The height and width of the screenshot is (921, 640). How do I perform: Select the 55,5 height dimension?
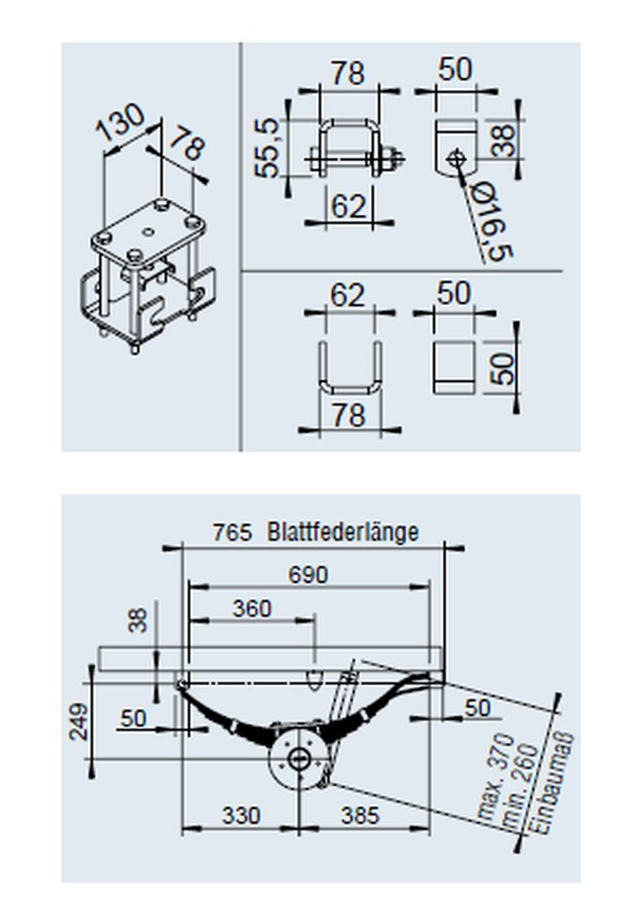pyautogui.click(x=266, y=148)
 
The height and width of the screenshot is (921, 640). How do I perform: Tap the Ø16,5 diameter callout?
pyautogui.click(x=492, y=221)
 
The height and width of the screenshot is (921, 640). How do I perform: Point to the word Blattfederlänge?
pyautogui.click(x=343, y=532)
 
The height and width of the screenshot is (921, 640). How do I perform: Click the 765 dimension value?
pyautogui.click(x=232, y=532)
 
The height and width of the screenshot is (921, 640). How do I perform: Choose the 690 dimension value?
pyautogui.click(x=309, y=575)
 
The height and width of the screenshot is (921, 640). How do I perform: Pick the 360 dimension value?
pyautogui.click(x=251, y=609)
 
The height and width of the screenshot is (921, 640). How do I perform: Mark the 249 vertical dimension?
pyautogui.click(x=78, y=721)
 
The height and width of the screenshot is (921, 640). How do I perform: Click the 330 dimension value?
pyautogui.click(x=241, y=815)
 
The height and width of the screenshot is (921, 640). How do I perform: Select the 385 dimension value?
pyautogui.click(x=360, y=815)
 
